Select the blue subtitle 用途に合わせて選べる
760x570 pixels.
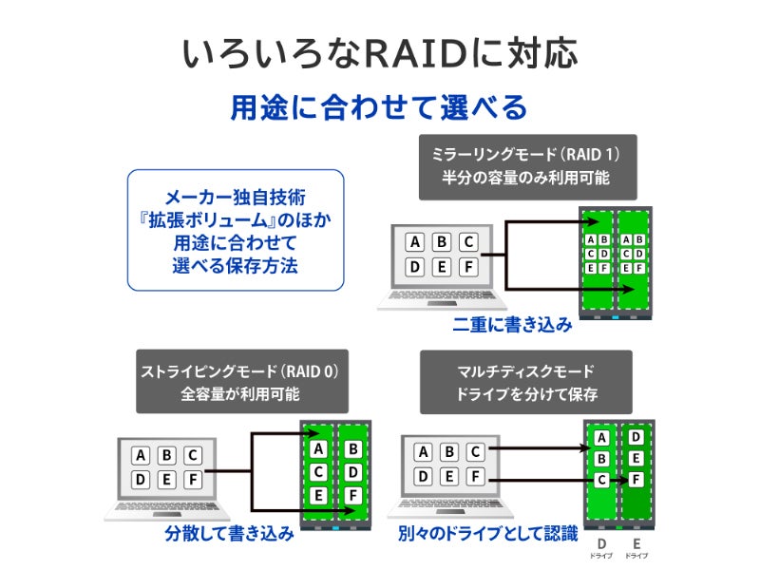(379, 107)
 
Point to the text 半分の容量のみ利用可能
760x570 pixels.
(527, 178)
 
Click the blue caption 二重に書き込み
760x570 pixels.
(513, 325)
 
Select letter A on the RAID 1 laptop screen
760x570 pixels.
(414, 242)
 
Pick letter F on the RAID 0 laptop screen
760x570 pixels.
(192, 479)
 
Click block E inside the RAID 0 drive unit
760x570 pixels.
(319, 495)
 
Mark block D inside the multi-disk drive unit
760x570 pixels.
(636, 438)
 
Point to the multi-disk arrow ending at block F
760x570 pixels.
(560, 481)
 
